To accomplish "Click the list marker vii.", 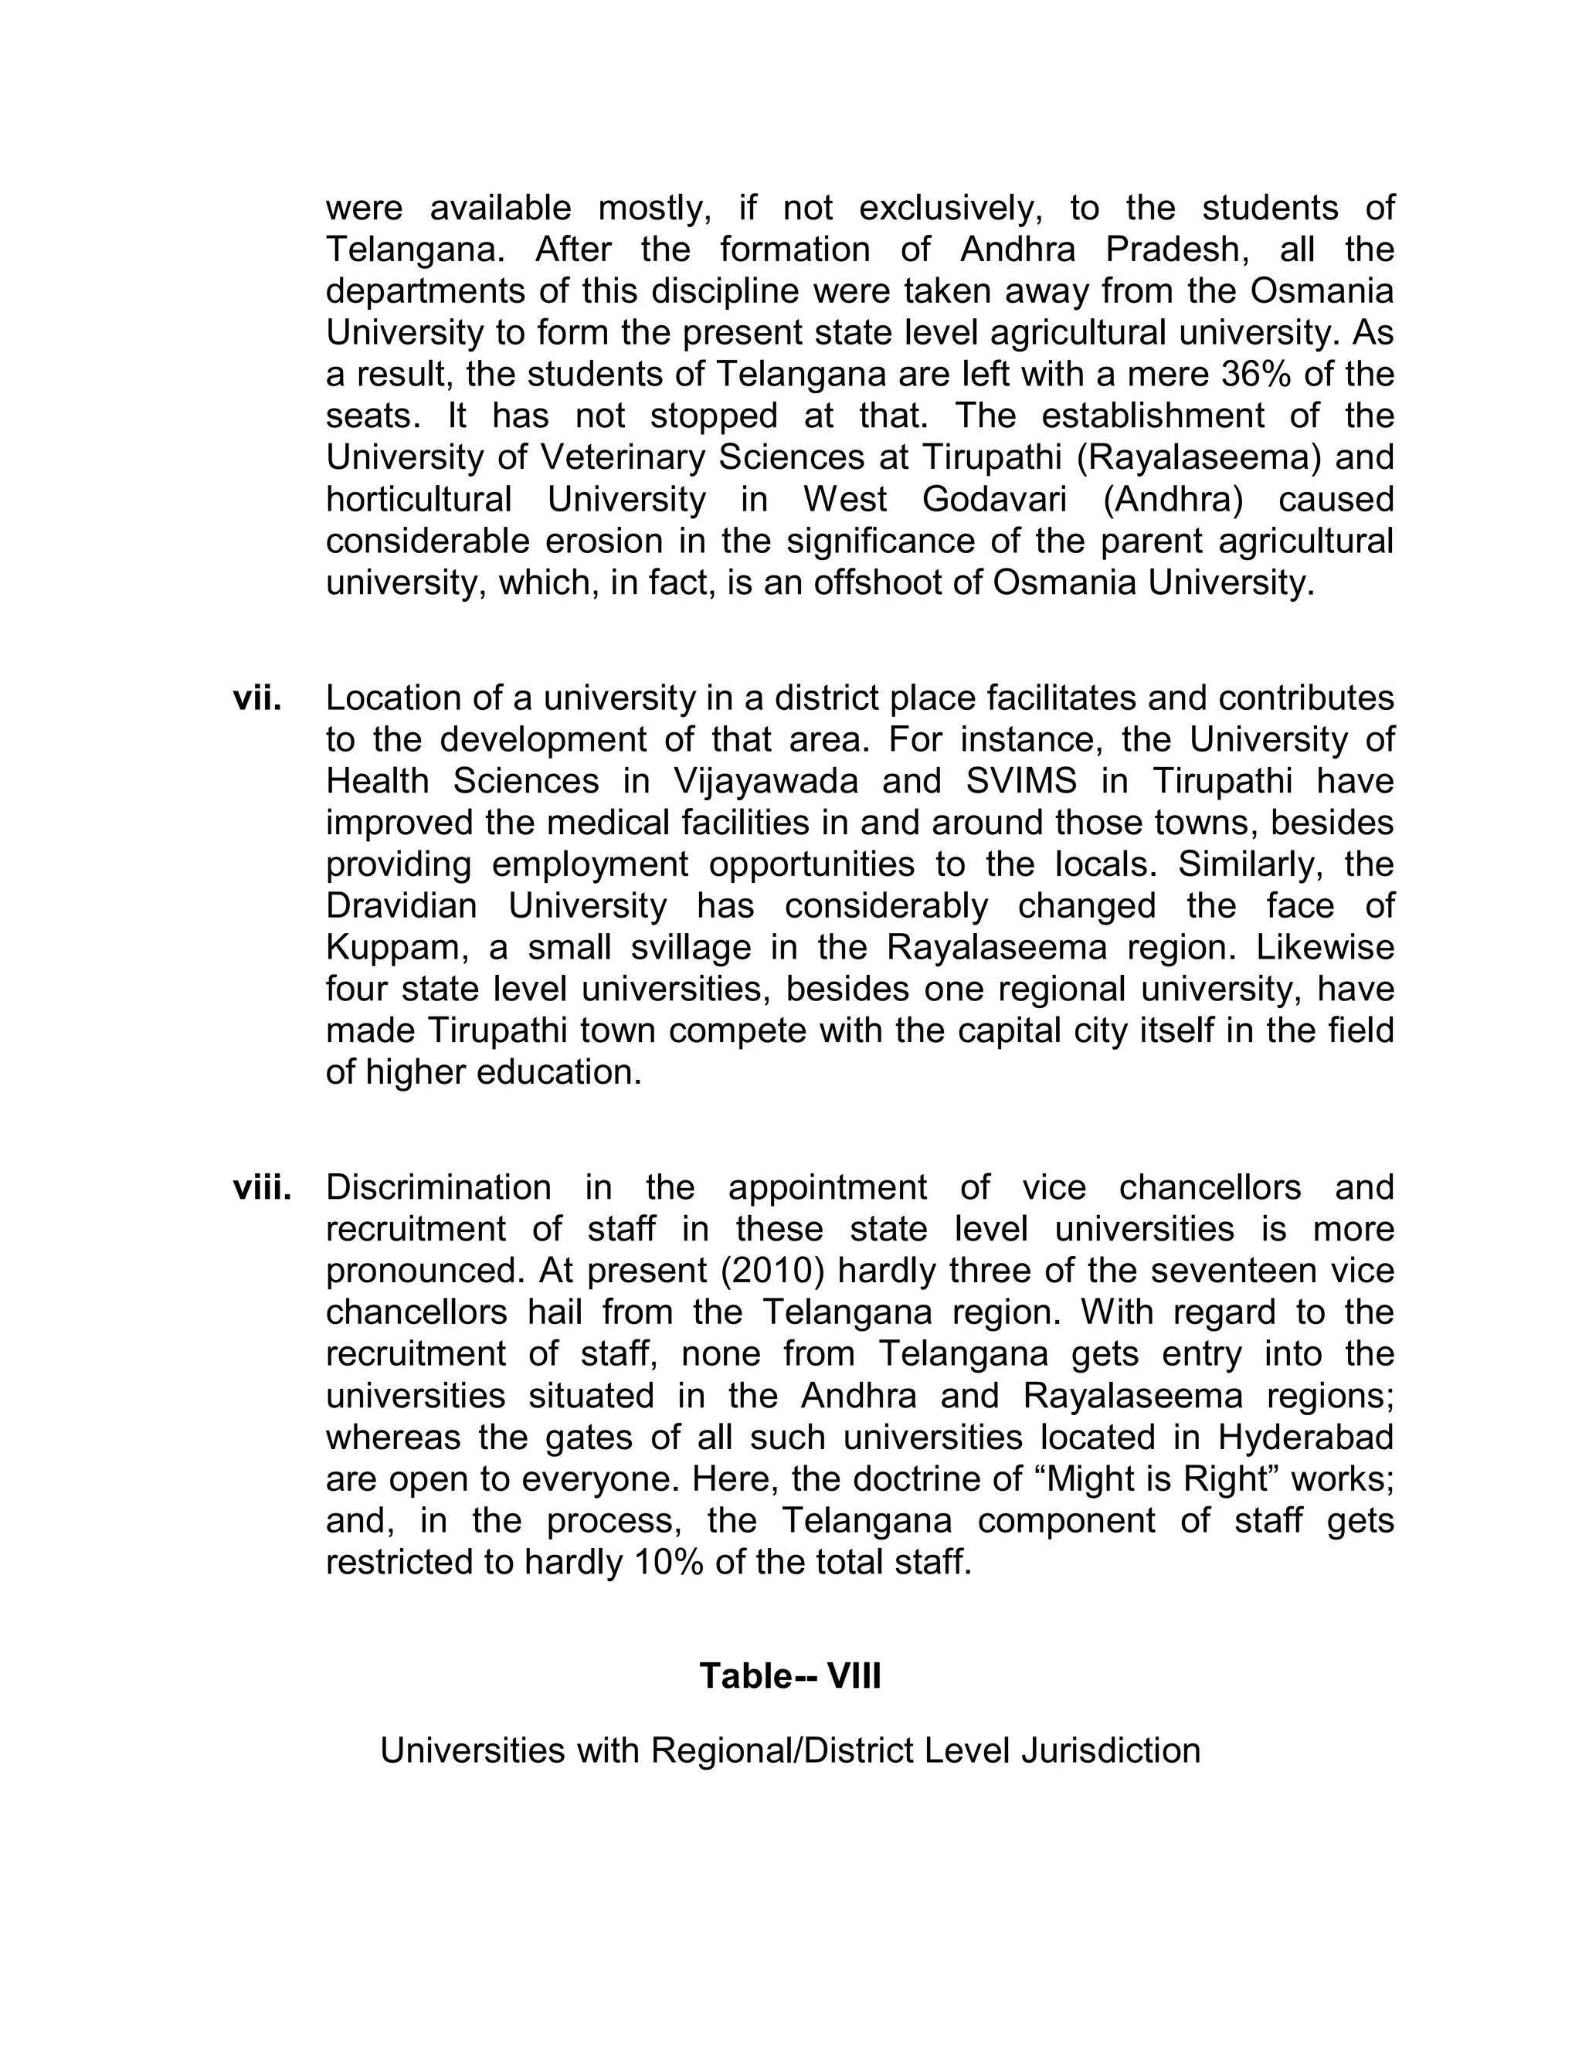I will [x=256, y=698].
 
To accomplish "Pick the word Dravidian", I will [x=401, y=905].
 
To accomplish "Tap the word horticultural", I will [x=418, y=499].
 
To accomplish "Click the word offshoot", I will [x=888, y=583].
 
